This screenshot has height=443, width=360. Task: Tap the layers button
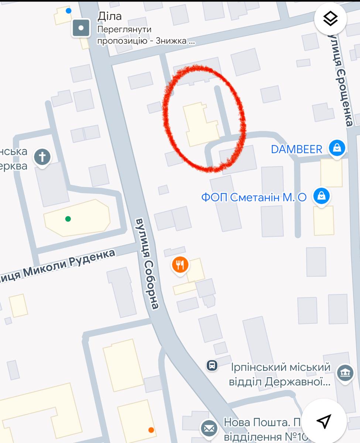pos(330,19)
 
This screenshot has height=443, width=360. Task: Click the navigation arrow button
pos(324,420)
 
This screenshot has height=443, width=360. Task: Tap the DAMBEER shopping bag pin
pos(337,148)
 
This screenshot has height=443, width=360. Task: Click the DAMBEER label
pos(296,149)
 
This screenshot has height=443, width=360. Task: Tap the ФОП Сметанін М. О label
pos(254,198)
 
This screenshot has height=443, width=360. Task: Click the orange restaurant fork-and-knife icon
pos(180,265)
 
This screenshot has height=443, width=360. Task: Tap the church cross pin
pos(42,157)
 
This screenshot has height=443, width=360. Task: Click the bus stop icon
pos(212,365)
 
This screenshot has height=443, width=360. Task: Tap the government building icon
pos(345,373)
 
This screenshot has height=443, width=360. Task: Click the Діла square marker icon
pos(81,28)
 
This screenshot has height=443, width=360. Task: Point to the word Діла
pos(109,16)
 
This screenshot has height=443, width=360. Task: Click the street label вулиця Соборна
pos(147,263)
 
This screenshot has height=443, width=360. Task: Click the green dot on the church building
pos(68,219)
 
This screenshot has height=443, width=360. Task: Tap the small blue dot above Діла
pos(69,10)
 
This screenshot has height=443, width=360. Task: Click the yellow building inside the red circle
pos(199,124)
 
